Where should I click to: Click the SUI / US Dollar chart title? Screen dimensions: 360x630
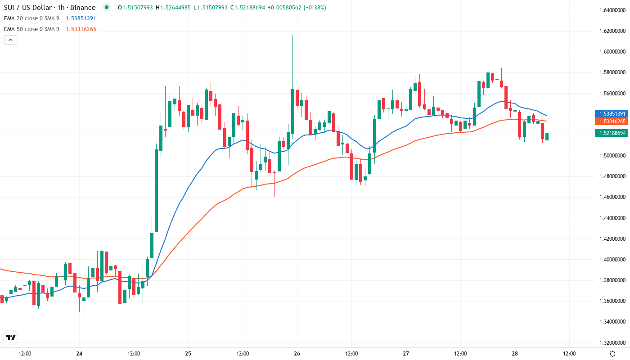[49, 8]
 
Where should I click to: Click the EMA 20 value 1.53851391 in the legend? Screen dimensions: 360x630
[81, 18]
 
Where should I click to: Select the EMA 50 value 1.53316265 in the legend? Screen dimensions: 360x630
[81, 29]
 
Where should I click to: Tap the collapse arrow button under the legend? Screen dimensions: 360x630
[10, 40]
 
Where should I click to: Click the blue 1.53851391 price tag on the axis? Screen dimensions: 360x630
[610, 114]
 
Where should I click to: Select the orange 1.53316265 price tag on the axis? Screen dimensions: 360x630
[610, 121]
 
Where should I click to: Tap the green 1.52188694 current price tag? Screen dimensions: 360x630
[610, 133]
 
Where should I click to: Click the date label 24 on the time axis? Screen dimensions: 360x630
[79, 354]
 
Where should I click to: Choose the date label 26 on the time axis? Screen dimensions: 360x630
[297, 354]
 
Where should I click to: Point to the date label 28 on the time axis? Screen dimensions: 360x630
[515, 354]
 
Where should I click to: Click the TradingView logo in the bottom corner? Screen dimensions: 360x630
[10, 337]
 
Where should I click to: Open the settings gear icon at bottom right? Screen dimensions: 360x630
[612, 354]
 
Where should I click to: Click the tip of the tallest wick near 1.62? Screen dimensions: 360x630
[292, 35]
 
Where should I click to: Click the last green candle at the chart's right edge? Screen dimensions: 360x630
[547, 136]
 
